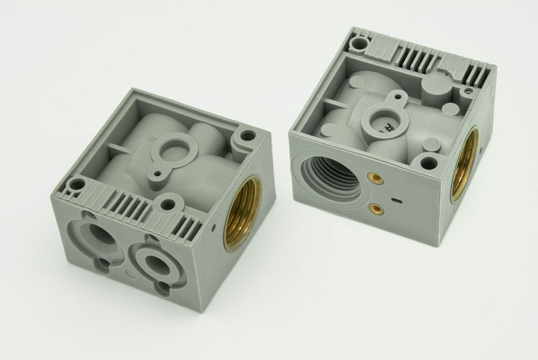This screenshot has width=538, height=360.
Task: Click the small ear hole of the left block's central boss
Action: coord(157,173)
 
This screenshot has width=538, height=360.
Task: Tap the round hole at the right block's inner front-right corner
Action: coord(427,161)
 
